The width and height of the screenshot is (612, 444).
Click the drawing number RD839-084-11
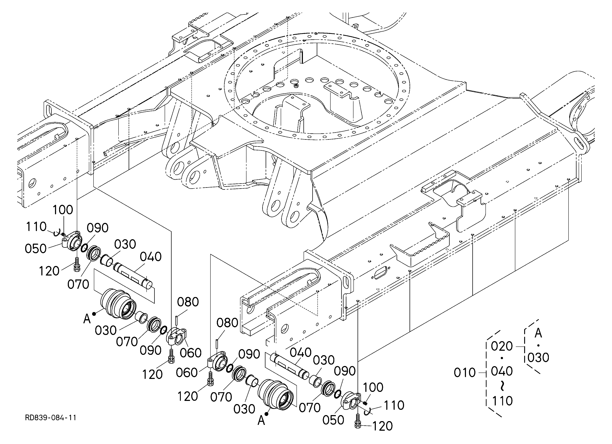tap(51, 418)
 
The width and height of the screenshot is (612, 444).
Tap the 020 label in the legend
tap(502, 346)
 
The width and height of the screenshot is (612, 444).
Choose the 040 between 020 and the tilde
tap(502, 371)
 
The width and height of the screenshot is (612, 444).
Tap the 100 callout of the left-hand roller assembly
tap(63, 210)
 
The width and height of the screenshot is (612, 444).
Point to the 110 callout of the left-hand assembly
tap(36, 227)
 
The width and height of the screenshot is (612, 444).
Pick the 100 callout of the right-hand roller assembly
tap(373, 388)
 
